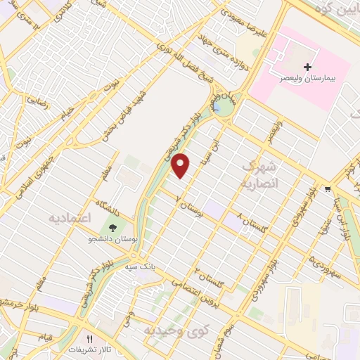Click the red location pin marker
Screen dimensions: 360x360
[x=181, y=165]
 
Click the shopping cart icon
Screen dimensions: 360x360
[x=328, y=188]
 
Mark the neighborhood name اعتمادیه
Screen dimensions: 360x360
[x=71, y=217]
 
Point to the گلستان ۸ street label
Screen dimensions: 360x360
[x=250, y=226]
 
